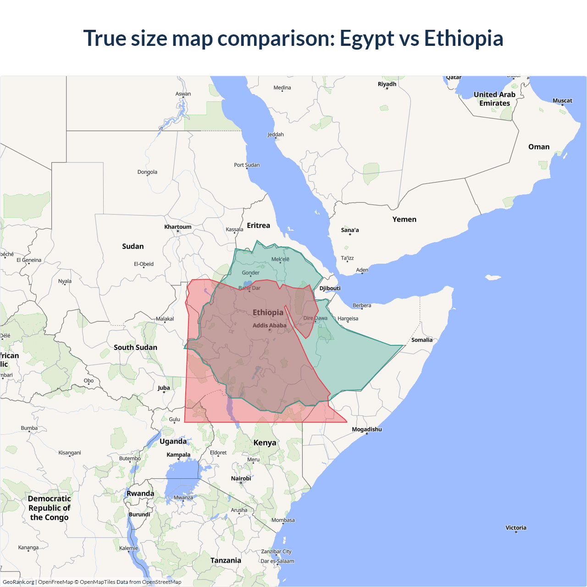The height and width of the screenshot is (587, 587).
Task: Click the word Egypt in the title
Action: (366, 38)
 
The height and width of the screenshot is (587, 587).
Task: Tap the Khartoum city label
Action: (178, 227)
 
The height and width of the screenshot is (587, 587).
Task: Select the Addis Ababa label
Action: (270, 326)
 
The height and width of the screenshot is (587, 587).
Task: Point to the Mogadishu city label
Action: (366, 429)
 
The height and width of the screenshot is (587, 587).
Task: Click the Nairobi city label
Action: (241, 478)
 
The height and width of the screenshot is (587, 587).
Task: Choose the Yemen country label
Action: (404, 220)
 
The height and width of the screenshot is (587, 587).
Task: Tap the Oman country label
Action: (538, 147)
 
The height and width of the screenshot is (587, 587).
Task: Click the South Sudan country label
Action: (135, 348)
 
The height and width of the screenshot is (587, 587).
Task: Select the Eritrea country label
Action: (258, 226)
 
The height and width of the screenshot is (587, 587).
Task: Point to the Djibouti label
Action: (330, 288)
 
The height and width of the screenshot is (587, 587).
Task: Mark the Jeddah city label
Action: (276, 134)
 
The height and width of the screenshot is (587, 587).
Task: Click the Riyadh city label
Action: (387, 84)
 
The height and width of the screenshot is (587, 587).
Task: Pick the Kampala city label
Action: (178, 455)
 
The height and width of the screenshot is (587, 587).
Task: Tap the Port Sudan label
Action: (247, 165)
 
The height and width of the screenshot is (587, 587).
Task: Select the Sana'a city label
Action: (350, 230)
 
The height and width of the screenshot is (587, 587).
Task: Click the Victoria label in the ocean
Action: (516, 528)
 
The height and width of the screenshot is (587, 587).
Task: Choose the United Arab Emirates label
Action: (494, 99)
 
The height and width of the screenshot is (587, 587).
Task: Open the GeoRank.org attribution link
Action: (18, 582)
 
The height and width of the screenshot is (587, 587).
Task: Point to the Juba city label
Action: (164, 388)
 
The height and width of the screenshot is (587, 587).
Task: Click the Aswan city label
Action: (183, 94)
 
